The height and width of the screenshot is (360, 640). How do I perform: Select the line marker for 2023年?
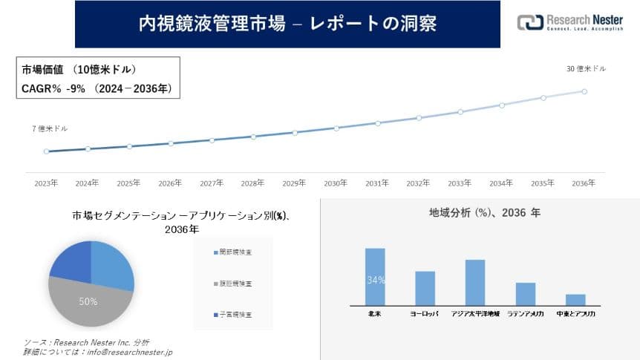46,151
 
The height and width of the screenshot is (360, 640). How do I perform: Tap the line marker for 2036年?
584,91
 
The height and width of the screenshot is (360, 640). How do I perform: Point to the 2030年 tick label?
336,183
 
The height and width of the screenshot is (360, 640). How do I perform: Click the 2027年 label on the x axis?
212,183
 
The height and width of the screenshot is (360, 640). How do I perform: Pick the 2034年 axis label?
501,183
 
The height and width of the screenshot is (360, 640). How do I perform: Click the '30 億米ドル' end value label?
586,69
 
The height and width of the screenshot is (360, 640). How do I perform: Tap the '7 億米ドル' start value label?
50,128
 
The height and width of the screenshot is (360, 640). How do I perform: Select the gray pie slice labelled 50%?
88,301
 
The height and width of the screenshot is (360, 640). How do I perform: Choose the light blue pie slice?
111,264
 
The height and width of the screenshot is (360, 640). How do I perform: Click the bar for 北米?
375,276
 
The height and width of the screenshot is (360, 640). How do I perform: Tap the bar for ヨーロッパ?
425,288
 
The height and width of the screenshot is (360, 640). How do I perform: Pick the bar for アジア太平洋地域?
475,282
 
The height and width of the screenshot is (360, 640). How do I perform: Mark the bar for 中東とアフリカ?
575,299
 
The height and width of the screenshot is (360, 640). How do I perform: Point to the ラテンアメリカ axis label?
526,314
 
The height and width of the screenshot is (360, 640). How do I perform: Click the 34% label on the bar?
375,281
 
